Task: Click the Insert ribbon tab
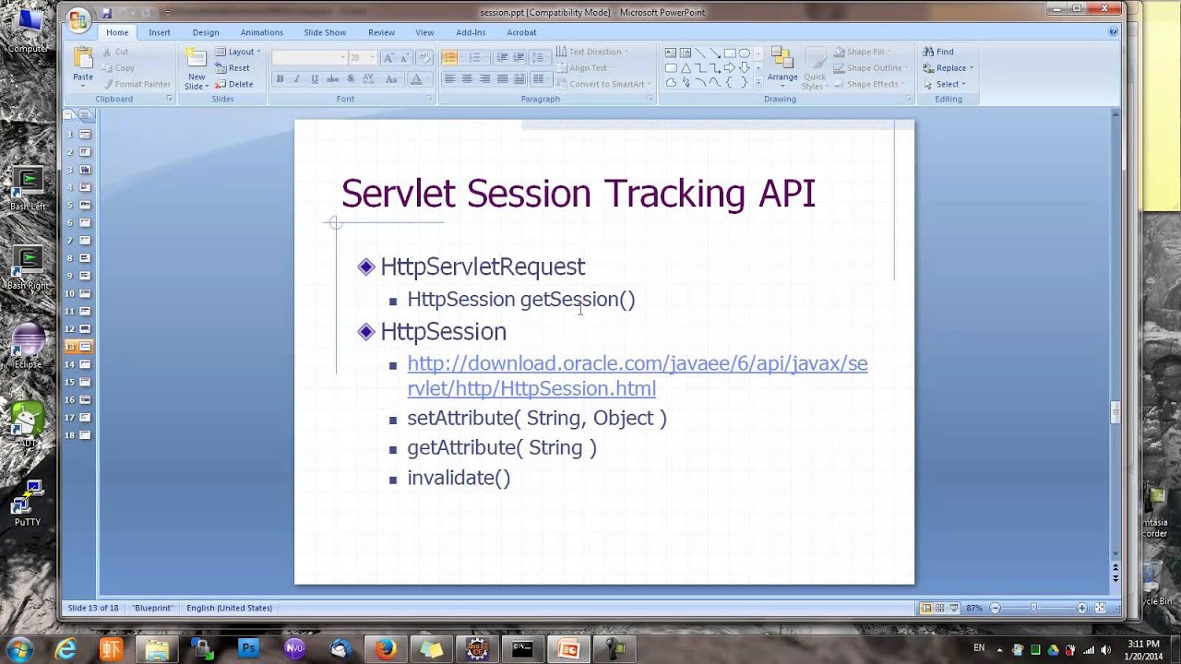(160, 32)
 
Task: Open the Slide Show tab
(325, 32)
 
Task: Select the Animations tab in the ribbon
(262, 32)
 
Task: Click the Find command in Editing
(939, 52)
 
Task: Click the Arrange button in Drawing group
(782, 66)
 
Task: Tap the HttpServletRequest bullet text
(483, 267)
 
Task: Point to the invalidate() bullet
(459, 478)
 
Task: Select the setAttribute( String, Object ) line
(536, 419)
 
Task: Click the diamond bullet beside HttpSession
(366, 331)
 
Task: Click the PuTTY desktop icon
(28, 503)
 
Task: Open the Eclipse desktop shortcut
(28, 344)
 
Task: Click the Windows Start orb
(19, 648)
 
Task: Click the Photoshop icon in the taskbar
(248, 649)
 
